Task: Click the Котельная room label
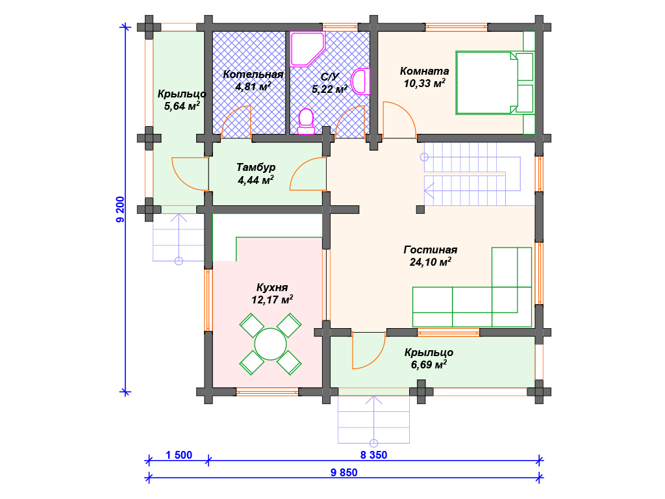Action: (x=253, y=74)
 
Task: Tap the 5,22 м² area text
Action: (x=329, y=89)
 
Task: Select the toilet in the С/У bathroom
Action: (x=306, y=122)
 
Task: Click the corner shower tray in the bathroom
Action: (x=307, y=49)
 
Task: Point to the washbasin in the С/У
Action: (x=360, y=81)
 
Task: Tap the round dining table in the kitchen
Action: (x=270, y=344)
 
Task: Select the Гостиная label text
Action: (x=430, y=250)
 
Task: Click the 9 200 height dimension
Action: (x=120, y=210)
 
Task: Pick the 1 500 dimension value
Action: (x=179, y=455)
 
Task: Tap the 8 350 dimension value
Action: (x=373, y=455)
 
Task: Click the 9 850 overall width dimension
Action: (x=344, y=473)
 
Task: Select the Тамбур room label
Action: (x=256, y=167)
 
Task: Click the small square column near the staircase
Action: (x=420, y=209)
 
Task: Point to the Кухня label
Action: (x=272, y=288)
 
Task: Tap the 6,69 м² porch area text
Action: (x=429, y=365)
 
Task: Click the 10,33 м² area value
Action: (x=425, y=83)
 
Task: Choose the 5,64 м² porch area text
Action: (x=182, y=106)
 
